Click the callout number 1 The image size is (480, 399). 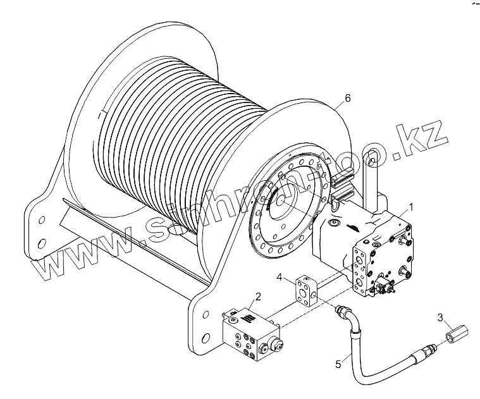(x=410, y=206)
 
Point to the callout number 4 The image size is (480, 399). (x=280, y=276)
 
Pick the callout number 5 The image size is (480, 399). (x=338, y=364)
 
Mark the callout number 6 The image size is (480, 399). (x=347, y=99)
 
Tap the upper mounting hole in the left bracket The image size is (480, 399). (x=42, y=221)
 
